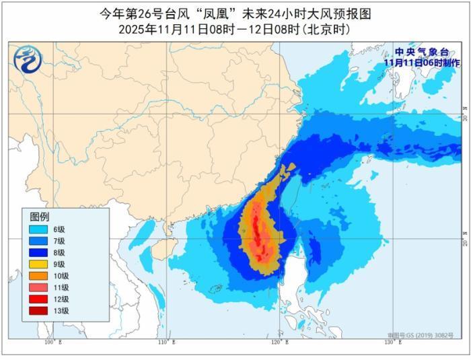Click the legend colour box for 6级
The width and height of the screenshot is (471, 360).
tap(38, 229)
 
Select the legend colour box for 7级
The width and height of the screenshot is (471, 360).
tap(38, 240)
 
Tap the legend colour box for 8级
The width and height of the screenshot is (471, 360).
tap(38, 252)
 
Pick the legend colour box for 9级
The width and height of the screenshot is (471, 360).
tap(38, 264)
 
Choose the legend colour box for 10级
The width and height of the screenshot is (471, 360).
tap(38, 276)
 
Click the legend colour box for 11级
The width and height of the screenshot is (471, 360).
tap(38, 287)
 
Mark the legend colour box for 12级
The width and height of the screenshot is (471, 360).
tap(38, 299)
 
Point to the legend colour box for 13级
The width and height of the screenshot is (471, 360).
tap(38, 311)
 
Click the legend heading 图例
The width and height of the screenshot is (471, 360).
tap(40, 217)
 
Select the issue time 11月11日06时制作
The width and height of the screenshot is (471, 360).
tap(422, 62)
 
